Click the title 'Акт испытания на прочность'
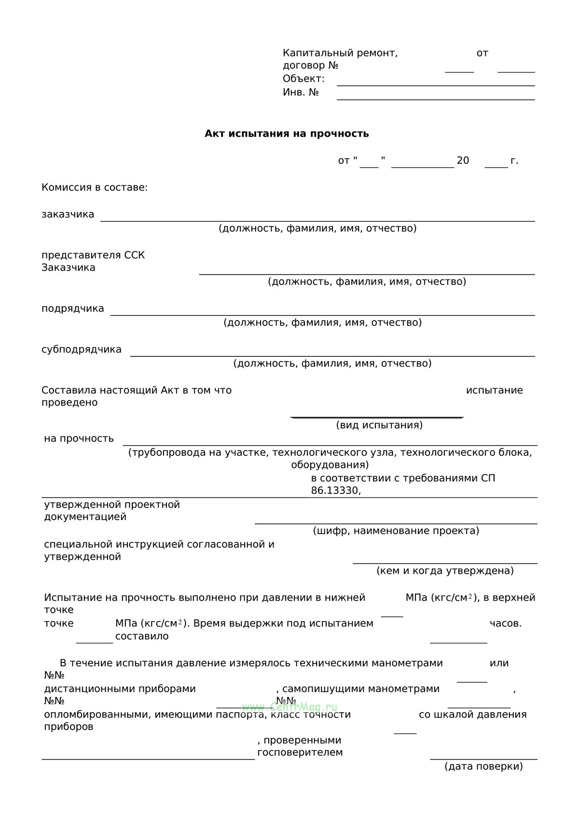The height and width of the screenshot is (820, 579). coord(287,133)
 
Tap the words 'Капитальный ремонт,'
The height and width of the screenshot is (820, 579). coord(340,53)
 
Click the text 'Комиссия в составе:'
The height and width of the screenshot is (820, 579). coord(95,187)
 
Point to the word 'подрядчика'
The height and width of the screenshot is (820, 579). coord(73,309)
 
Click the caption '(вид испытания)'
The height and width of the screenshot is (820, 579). coord(379,425)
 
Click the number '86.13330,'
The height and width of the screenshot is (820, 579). coord(336,491)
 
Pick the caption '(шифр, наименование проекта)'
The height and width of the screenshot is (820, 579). coord(396,531)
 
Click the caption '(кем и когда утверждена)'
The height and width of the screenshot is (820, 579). coord(445,571)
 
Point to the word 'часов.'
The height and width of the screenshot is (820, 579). coord(506,623)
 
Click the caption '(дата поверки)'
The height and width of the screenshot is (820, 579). coord(483,766)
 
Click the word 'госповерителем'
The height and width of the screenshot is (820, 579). coord(300,752)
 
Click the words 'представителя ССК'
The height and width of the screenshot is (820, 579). coord(93,255)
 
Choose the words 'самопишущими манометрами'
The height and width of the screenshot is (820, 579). coord(361,689)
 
